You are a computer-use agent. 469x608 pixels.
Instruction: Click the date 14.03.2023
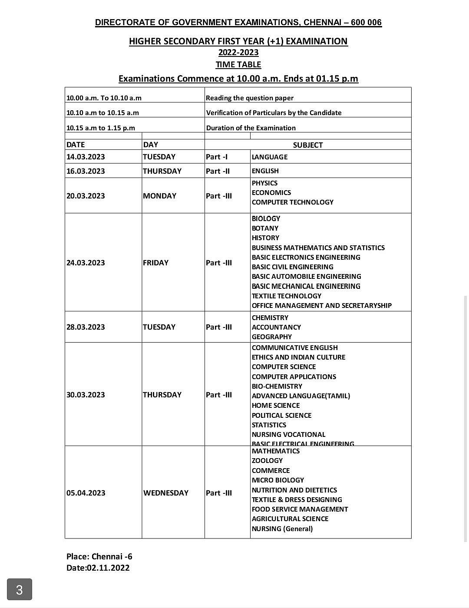coord(86,157)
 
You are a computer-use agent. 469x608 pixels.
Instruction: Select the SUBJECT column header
coord(307,145)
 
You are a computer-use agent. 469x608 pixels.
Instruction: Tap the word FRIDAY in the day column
coord(155,263)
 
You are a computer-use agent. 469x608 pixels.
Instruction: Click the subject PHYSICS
coord(264,183)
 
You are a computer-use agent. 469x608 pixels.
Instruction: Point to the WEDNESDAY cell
coord(166,493)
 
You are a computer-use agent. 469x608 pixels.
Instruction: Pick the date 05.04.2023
coord(86,493)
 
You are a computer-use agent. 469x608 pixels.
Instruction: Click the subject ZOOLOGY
coord(267,461)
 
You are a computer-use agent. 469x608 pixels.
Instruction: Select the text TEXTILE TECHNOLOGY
coord(287,296)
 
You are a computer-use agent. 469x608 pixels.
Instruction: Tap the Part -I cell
coord(217,157)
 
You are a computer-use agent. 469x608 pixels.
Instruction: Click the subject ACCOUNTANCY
coord(276,327)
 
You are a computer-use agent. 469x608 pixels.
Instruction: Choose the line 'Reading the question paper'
coord(250,98)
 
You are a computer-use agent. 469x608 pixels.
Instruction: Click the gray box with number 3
coord(19,589)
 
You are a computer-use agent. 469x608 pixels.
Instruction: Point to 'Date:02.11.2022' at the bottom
coord(98,568)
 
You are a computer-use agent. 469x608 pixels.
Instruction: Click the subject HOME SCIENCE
coord(276,406)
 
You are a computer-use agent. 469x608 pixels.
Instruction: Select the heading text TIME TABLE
coord(238,65)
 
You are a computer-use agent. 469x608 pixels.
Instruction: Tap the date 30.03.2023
coord(86,395)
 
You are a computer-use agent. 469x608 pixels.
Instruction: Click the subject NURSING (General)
coord(282,529)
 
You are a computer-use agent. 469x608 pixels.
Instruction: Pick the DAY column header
coord(151,145)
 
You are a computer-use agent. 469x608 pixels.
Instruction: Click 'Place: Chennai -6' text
coord(99,557)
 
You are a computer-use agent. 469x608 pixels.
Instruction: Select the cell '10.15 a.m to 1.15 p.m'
coord(101,128)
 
